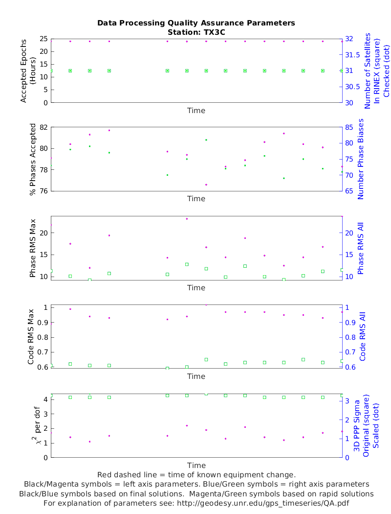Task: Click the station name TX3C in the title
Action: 213,32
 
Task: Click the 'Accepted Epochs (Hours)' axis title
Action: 28,70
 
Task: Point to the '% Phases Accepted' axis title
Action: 33,159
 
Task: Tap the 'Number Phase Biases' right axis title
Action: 361,159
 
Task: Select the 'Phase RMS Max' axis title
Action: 33,248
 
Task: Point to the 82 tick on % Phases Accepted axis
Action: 43,127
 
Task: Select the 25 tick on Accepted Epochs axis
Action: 43,39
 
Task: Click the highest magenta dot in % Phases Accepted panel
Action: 109,130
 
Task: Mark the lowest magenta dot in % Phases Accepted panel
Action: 206,185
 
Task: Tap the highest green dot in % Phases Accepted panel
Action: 206,140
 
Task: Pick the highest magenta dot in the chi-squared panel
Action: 187,425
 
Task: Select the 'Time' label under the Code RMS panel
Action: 196,376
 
